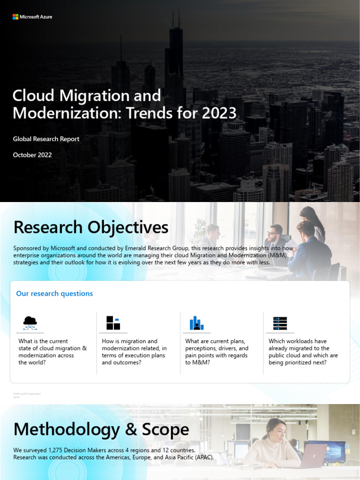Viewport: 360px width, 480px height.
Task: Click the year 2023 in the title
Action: pyautogui.click(x=220, y=113)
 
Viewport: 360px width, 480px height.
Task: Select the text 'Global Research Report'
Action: pyautogui.click(x=46, y=139)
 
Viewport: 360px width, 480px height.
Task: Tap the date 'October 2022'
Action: pyautogui.click(x=32, y=155)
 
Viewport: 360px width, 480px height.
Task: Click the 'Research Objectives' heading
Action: pyautogui.click(x=90, y=227)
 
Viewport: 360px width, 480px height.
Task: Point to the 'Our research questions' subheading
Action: pyautogui.click(x=54, y=293)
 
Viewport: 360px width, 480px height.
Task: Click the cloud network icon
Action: pyautogui.click(x=30, y=322)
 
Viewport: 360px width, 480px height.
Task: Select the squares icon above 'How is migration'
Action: pyautogui.click(x=113, y=322)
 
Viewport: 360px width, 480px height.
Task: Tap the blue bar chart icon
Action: pyautogui.click(x=196, y=322)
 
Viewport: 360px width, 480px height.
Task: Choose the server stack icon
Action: pyautogui.click(x=280, y=323)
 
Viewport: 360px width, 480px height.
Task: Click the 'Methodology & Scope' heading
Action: pyautogui.click(x=101, y=429)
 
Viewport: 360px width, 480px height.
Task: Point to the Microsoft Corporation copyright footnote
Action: pyautogui.click(x=27, y=395)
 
